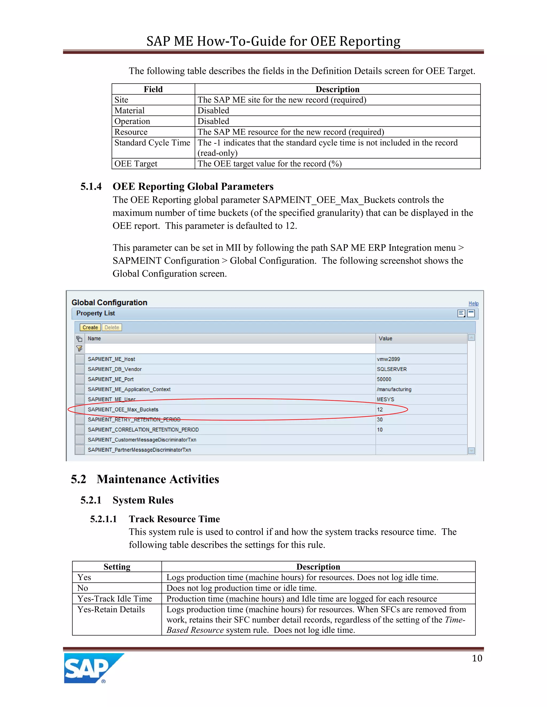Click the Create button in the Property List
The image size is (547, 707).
(x=90, y=327)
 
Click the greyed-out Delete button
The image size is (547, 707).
(x=112, y=327)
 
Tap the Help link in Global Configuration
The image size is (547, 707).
(x=473, y=303)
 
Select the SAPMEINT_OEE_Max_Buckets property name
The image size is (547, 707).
(x=123, y=410)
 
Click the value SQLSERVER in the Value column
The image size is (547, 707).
(x=392, y=369)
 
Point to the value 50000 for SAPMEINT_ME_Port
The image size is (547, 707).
(x=384, y=379)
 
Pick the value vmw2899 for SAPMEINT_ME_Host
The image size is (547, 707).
(x=388, y=359)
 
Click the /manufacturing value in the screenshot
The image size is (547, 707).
(x=394, y=389)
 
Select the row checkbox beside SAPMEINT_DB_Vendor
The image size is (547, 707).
(x=80, y=369)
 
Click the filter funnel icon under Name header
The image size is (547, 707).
(x=79, y=349)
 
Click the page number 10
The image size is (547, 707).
(x=477, y=658)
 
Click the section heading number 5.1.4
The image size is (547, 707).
(x=91, y=186)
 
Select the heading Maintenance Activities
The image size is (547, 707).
(x=158, y=479)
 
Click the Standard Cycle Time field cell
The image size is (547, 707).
(x=152, y=143)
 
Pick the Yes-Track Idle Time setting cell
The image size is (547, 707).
(x=115, y=599)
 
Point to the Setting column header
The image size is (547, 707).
(x=117, y=566)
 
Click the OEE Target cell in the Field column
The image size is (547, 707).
(x=136, y=164)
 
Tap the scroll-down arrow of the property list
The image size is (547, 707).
(x=471, y=450)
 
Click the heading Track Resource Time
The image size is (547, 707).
(x=174, y=519)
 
